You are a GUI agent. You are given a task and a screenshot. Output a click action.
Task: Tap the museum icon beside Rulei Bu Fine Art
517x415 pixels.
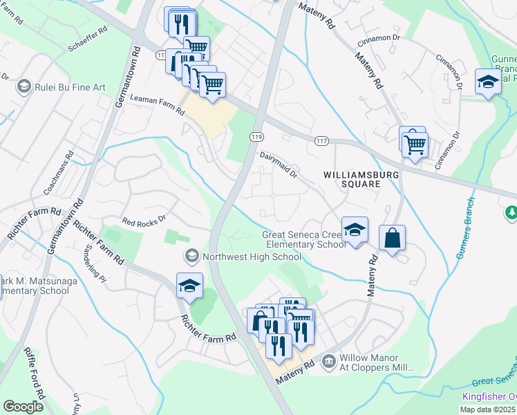(24, 87)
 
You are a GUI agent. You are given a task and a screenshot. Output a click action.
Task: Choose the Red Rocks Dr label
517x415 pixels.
(144, 220)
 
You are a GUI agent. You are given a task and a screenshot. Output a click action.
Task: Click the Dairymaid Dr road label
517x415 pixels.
(278, 164)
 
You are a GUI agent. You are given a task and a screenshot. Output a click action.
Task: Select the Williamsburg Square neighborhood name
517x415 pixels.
(361, 180)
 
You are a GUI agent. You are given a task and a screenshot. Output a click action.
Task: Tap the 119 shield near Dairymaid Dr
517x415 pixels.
(256, 136)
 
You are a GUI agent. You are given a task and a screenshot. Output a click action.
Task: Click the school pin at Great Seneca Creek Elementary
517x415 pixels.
(355, 230)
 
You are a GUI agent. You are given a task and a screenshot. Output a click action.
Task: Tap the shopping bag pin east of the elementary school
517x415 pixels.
(392, 239)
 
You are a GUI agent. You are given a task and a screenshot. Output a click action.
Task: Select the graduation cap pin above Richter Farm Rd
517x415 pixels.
(189, 286)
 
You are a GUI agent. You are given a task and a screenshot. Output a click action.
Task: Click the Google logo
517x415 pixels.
(23, 406)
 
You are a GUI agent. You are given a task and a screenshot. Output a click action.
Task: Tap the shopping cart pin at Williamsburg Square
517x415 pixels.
(415, 145)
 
